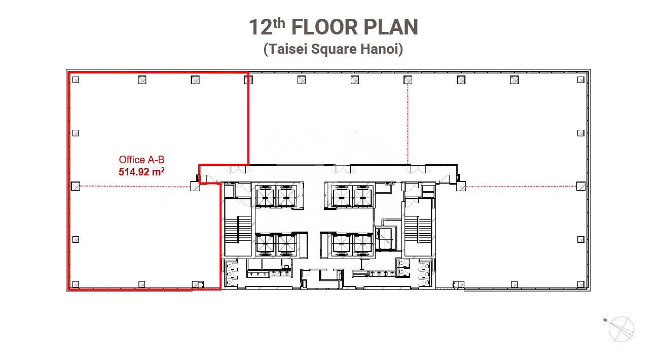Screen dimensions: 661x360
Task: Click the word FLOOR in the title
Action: (324, 27)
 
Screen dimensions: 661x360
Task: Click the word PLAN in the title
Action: (391, 27)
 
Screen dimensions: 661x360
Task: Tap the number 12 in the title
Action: (260, 27)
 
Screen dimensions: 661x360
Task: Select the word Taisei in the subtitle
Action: (288, 49)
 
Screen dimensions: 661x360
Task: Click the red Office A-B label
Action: (141, 160)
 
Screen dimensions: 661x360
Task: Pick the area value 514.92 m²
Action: (141, 171)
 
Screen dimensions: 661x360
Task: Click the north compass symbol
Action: (620, 329)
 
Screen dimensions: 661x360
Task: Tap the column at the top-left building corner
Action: (76, 80)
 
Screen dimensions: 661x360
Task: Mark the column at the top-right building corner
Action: (581, 80)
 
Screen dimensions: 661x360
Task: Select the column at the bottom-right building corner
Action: (581, 284)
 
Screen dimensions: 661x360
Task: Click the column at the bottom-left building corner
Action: (76, 284)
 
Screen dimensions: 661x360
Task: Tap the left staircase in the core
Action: (238, 230)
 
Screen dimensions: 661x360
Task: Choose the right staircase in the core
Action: (418, 230)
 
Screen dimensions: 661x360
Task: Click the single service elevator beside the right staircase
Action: (385, 238)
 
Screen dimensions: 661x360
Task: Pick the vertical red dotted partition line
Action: (408, 123)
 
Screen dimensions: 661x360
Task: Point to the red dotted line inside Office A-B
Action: (135, 187)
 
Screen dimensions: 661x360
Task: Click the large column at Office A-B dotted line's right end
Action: (195, 186)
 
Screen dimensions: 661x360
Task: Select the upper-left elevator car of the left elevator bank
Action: (265, 197)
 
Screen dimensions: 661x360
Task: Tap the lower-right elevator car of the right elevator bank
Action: (362, 244)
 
